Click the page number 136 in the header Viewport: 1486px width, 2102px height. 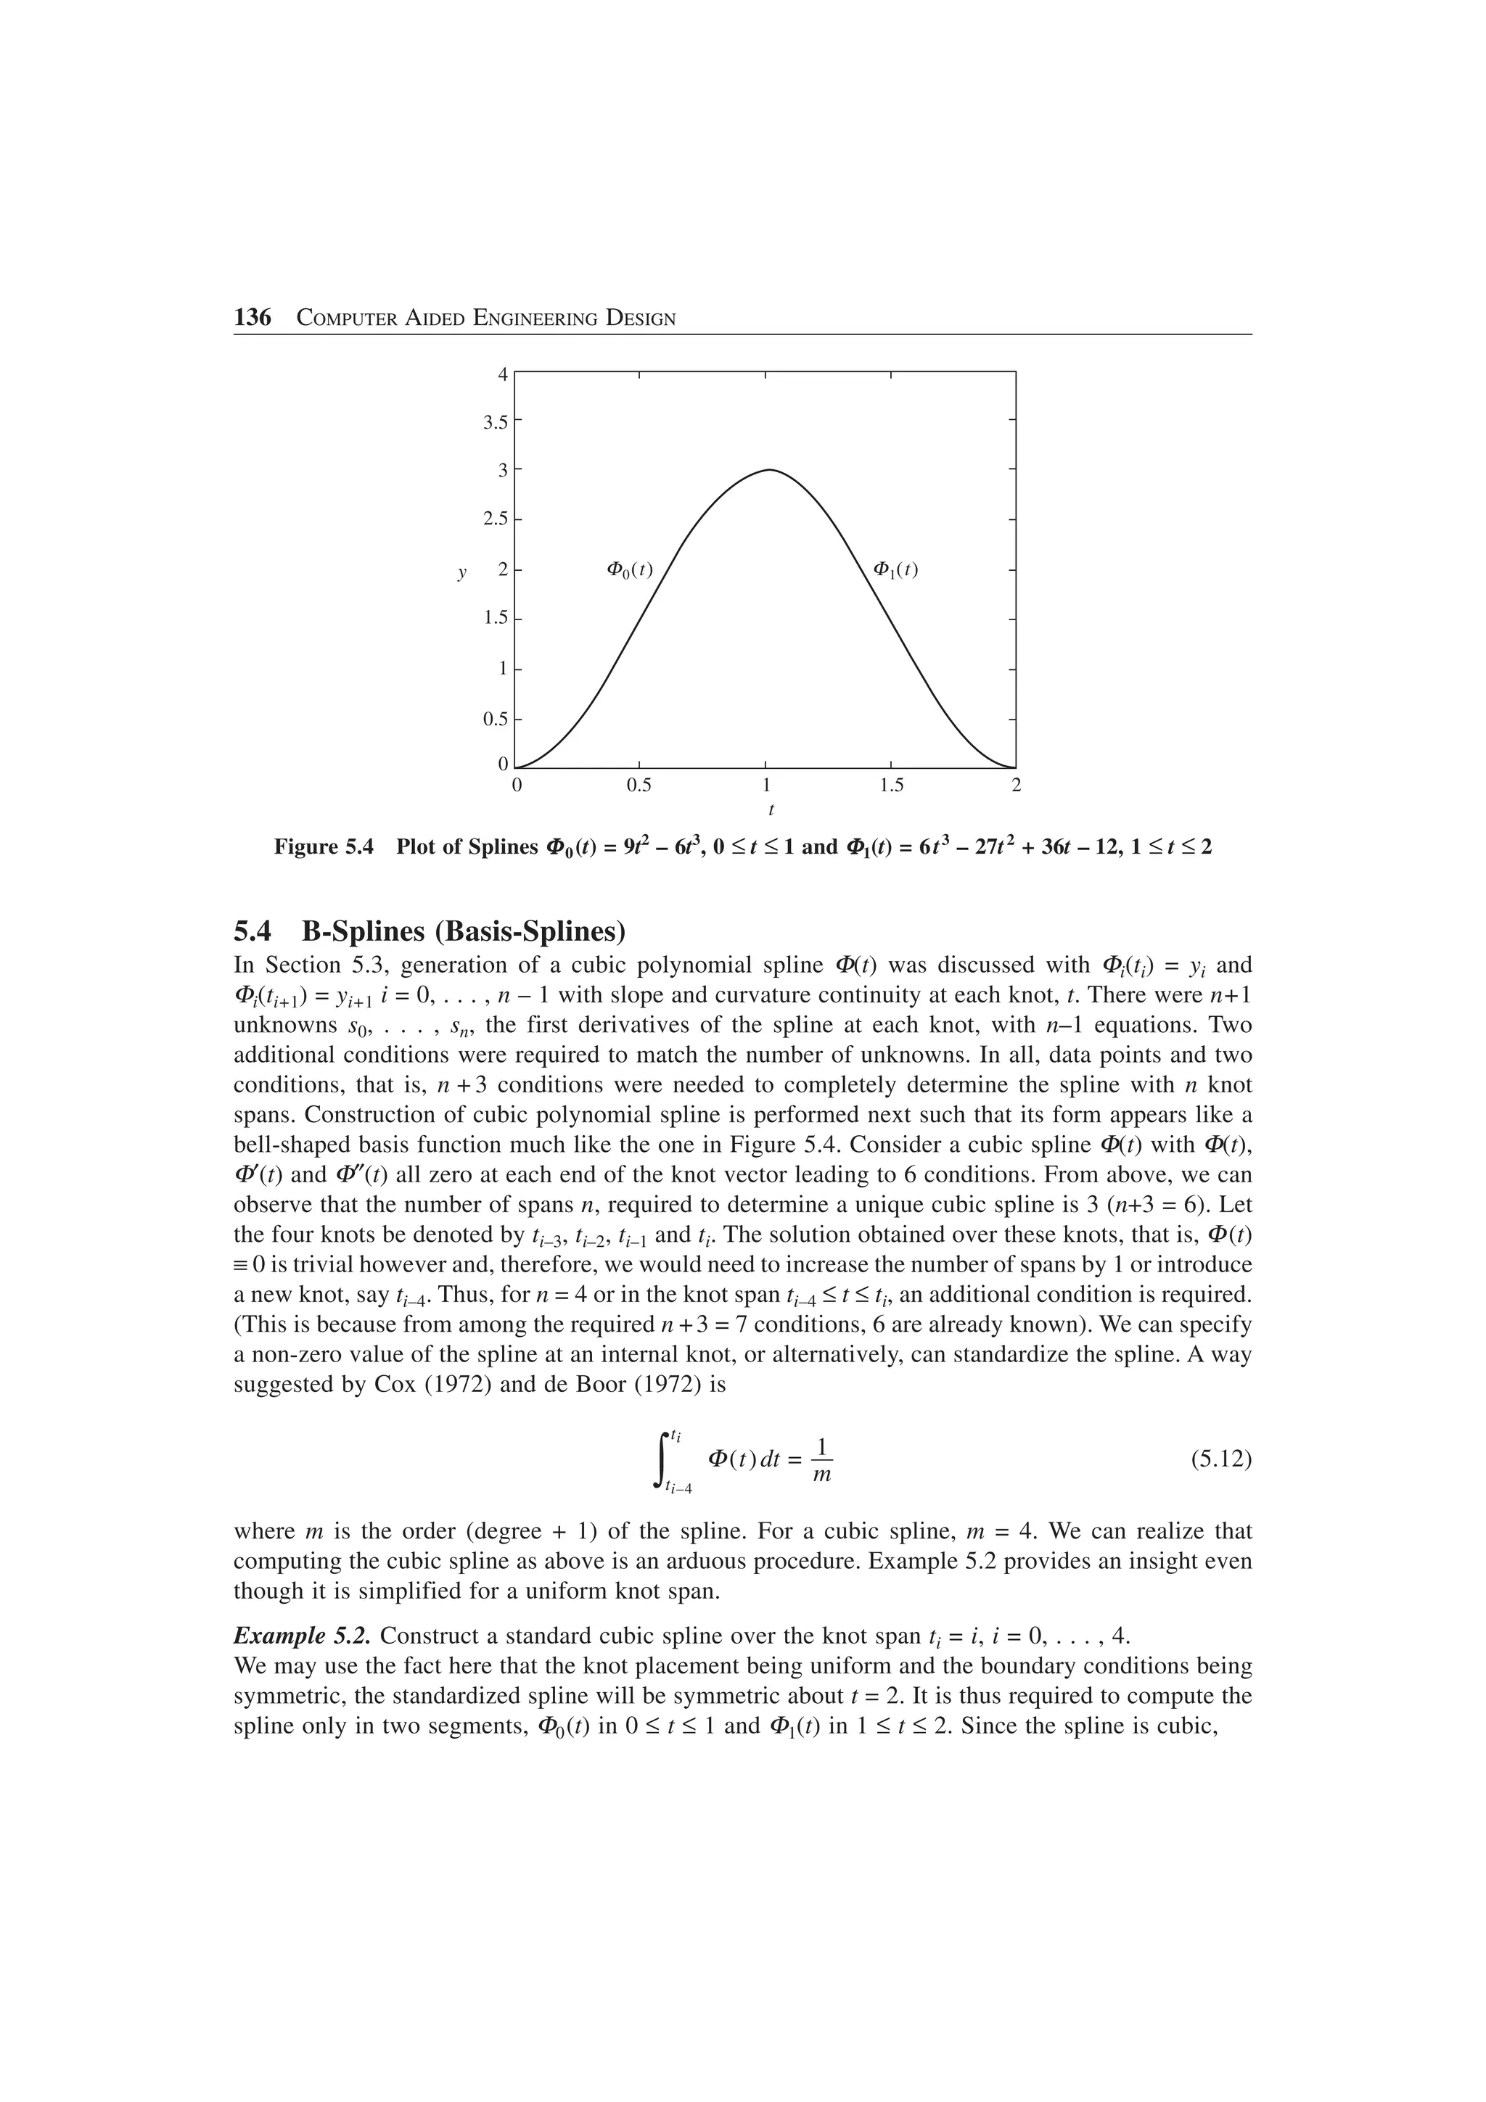pyautogui.click(x=253, y=318)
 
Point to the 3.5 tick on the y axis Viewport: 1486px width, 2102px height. pyautogui.click(x=496, y=422)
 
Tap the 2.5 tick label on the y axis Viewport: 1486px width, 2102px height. pyautogui.click(x=496, y=519)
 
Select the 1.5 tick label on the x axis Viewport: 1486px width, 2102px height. pyautogui.click(x=891, y=786)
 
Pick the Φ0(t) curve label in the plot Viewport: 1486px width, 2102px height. pyautogui.click(x=630, y=569)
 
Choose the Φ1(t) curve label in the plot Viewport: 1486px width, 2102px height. pyautogui.click(x=895, y=569)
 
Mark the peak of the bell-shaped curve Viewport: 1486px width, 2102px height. pyautogui.click(x=769, y=470)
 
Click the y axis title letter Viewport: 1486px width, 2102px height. pyautogui.click(x=461, y=573)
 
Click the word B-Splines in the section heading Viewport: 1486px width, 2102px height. pyautogui.click(x=364, y=932)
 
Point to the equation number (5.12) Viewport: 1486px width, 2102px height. pyautogui.click(x=1220, y=1459)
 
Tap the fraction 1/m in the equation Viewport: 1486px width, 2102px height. pyautogui.click(x=822, y=1459)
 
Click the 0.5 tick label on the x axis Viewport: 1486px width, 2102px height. pyautogui.click(x=639, y=786)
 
